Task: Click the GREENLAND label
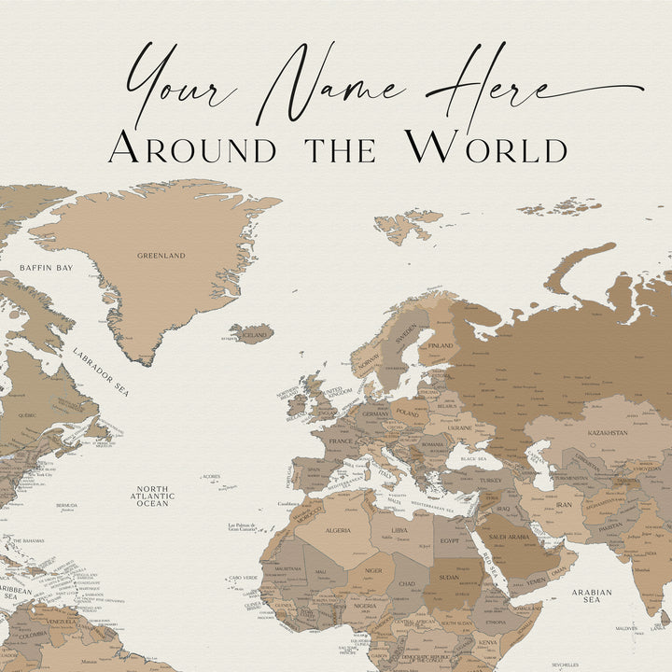pos(161,255)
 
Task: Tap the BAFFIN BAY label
pos(46,268)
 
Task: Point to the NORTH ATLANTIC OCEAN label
pos(152,496)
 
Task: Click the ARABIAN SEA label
pos(591,595)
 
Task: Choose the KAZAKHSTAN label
pos(608,433)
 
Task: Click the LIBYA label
pos(399,530)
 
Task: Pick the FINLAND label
pos(440,345)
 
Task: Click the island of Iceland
pos(253,333)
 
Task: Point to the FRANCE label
pos(340,439)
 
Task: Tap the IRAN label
pos(564,504)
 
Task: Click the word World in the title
pos(485,147)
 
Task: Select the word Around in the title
pos(192,147)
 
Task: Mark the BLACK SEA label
pos(474,459)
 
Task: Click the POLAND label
pos(408,412)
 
